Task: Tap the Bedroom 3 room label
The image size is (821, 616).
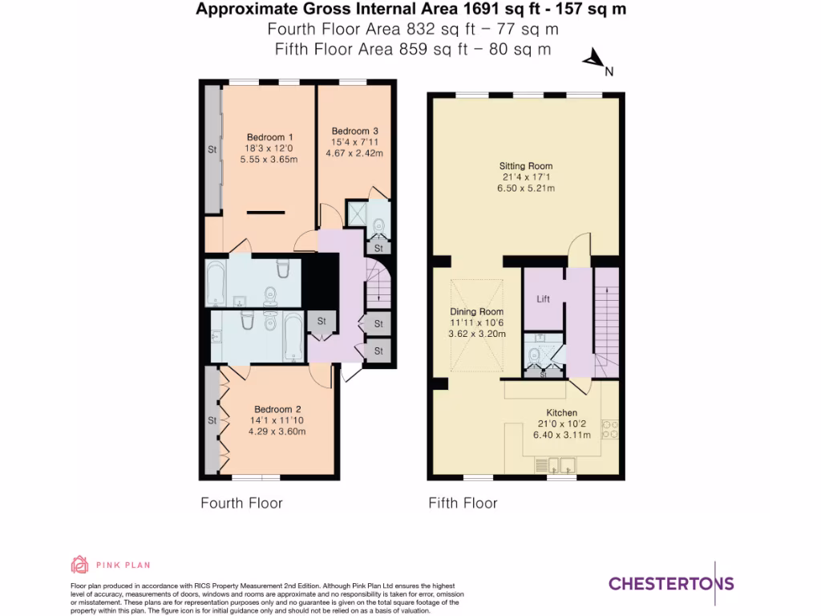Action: click(x=354, y=131)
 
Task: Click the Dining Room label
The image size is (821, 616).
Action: click(x=476, y=311)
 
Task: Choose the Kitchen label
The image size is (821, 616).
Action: click(x=562, y=412)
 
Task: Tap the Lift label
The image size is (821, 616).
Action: click(x=543, y=298)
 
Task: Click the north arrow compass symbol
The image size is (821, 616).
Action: click(x=594, y=59)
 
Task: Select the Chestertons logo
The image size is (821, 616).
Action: click(x=671, y=583)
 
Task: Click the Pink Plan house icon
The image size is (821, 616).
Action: click(x=80, y=565)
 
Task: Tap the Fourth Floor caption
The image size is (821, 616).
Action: click(x=241, y=503)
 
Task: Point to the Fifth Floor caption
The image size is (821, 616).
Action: click(x=463, y=503)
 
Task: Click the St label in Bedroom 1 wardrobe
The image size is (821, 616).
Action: click(x=212, y=149)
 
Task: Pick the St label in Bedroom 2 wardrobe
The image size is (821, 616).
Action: click(x=212, y=419)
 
